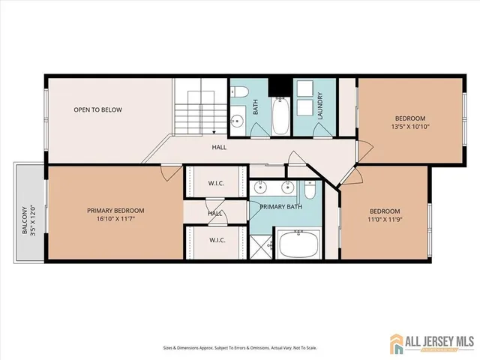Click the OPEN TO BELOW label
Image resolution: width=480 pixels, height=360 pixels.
click(97, 110)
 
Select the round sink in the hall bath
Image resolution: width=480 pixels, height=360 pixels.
click(238, 120)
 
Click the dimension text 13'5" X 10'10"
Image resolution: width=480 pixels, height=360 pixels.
click(410, 127)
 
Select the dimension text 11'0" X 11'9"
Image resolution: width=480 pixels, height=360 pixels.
click(384, 220)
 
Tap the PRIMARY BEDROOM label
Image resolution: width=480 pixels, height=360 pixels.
click(115, 210)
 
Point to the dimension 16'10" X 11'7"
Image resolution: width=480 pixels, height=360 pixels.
click(115, 220)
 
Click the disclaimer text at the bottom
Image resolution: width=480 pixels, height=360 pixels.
click(239, 347)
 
